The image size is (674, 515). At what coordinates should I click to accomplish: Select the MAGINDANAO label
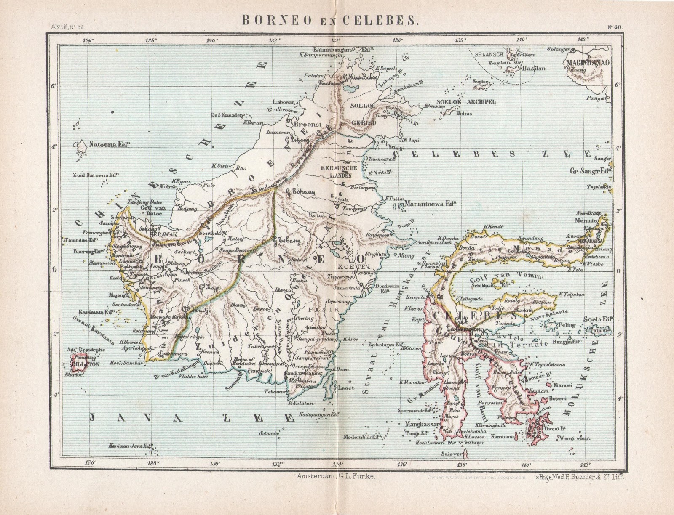tap(589, 62)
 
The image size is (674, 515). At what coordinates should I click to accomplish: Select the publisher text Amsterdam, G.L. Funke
tap(335, 476)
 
